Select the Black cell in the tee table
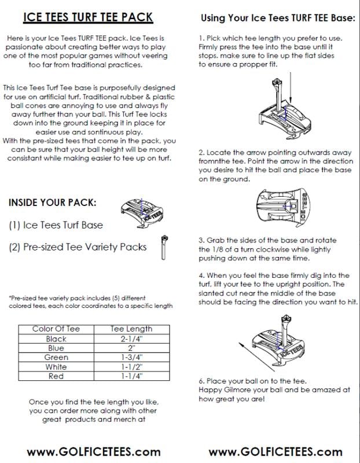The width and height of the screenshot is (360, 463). (56, 339)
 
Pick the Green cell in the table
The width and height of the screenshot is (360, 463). (56, 357)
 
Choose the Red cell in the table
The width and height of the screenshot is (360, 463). (56, 376)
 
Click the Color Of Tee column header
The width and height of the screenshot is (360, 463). (56, 329)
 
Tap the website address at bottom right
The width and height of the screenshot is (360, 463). (275, 451)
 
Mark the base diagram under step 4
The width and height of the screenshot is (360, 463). (274, 341)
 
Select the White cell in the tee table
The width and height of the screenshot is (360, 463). (56, 366)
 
